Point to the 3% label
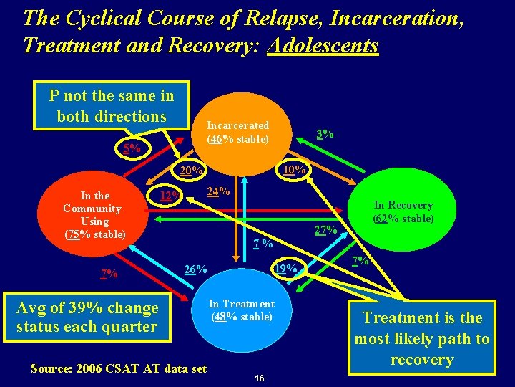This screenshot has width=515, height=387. (x=325, y=133)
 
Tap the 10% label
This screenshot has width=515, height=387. (x=294, y=169)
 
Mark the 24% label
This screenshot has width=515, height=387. (x=218, y=191)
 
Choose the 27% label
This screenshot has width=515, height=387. (x=325, y=230)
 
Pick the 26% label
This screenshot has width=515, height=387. (x=195, y=269)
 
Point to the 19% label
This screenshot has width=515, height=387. (x=286, y=268)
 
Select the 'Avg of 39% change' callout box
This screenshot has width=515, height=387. (x=87, y=317)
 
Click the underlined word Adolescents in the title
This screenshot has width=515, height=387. (x=323, y=45)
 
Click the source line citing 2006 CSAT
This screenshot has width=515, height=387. (x=119, y=368)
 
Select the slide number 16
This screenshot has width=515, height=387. (x=259, y=377)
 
